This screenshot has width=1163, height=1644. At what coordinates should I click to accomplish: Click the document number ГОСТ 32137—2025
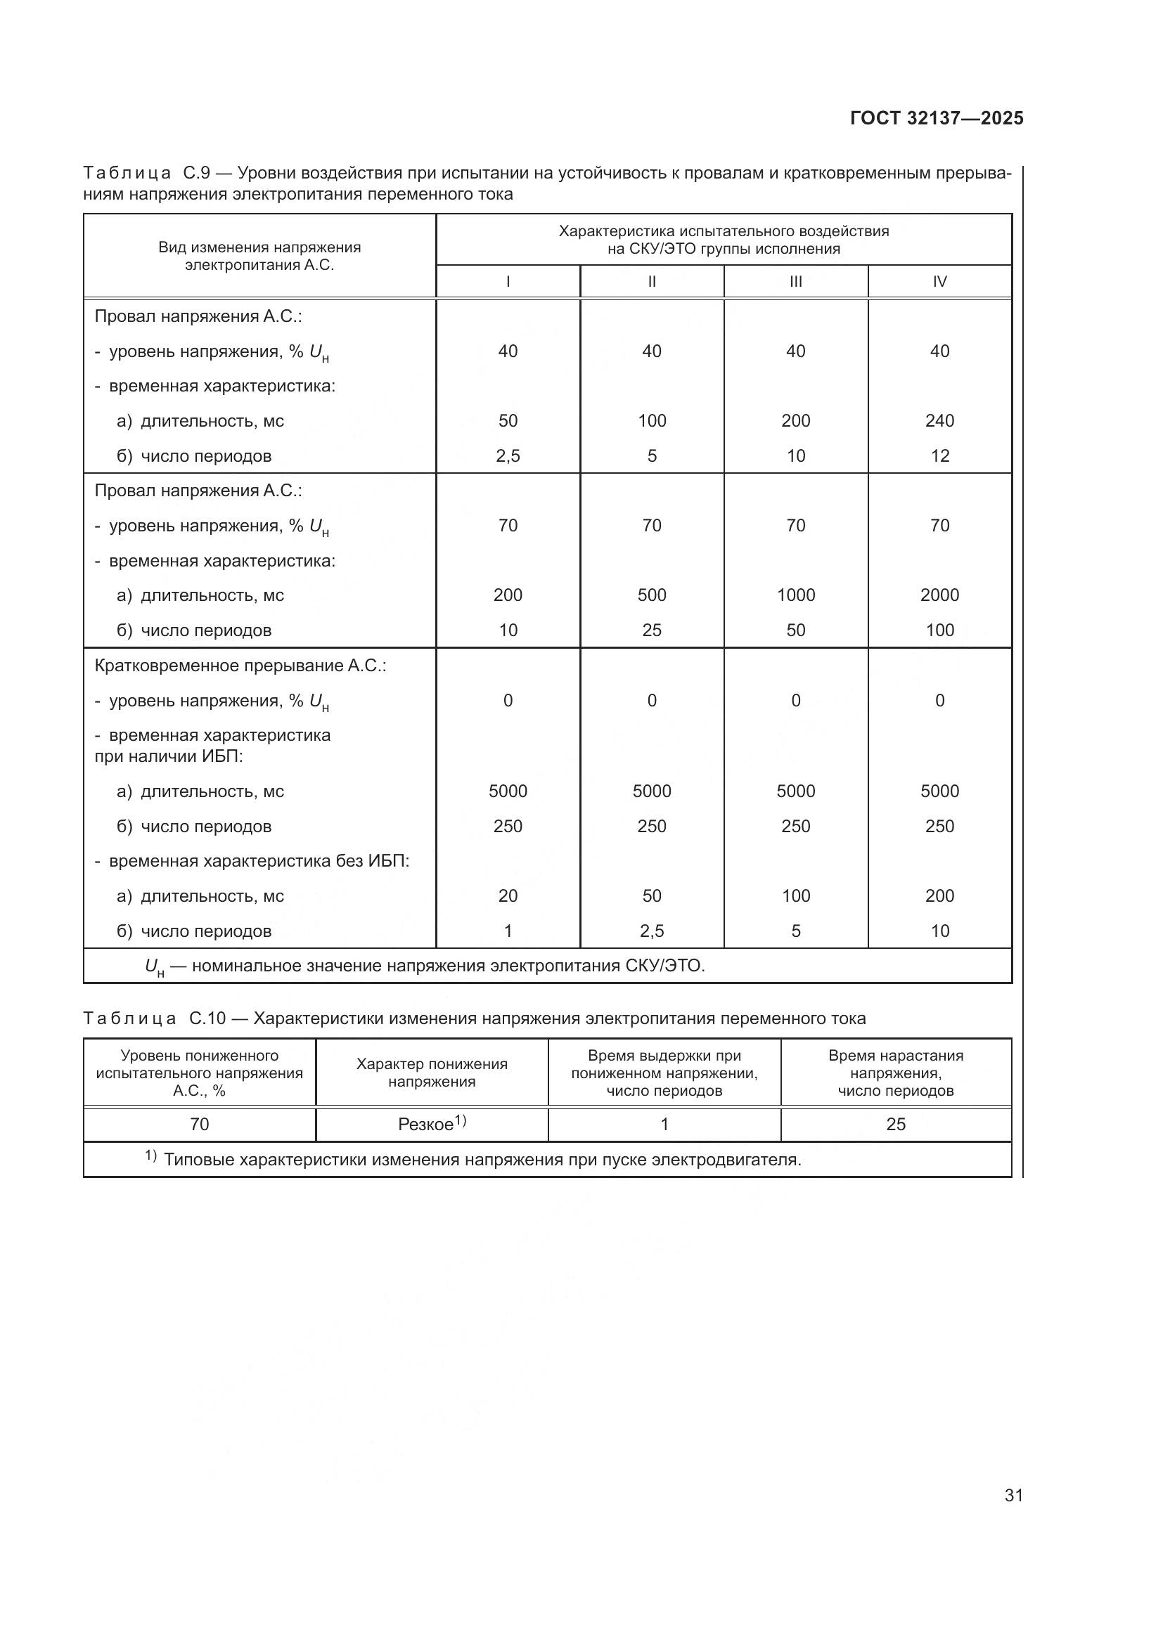click(x=936, y=119)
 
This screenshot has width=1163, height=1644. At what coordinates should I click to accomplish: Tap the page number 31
click(x=1013, y=1495)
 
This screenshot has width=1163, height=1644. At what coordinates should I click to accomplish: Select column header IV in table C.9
click(x=939, y=281)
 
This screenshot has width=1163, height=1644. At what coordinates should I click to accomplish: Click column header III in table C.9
click(x=796, y=281)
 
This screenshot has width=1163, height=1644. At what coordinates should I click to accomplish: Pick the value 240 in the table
click(x=939, y=420)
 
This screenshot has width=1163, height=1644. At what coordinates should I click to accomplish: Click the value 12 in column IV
click(x=939, y=455)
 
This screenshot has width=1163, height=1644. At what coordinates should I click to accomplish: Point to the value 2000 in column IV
click(x=939, y=595)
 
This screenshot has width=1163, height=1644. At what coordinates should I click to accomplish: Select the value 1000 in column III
click(x=796, y=595)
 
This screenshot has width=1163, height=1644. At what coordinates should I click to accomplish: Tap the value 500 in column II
click(x=652, y=595)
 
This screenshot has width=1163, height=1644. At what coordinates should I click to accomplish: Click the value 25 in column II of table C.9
click(x=652, y=630)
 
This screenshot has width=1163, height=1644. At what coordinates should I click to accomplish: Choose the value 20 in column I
click(x=508, y=895)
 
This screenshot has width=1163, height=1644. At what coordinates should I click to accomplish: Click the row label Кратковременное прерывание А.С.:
click(x=240, y=665)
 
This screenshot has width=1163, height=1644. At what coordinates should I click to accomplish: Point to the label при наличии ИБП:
click(x=168, y=756)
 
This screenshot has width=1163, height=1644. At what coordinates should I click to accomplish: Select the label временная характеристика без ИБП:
click(x=259, y=861)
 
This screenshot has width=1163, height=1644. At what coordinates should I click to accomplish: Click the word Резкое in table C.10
click(x=425, y=1124)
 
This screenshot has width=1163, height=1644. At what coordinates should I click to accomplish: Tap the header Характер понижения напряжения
click(x=432, y=1073)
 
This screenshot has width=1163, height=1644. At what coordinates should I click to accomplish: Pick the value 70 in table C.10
click(x=199, y=1124)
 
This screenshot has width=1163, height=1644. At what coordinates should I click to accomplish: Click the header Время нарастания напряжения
click(x=895, y=1073)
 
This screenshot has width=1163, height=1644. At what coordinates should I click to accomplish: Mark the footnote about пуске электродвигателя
click(x=481, y=1159)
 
